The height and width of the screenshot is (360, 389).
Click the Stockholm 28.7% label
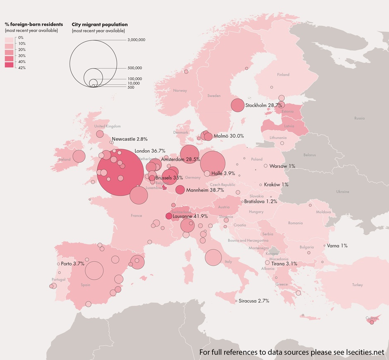[x=264, y=105]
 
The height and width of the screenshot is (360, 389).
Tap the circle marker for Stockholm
[x=238, y=105]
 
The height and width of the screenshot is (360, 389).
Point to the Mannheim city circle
[x=180, y=190]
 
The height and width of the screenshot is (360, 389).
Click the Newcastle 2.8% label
[x=130, y=139]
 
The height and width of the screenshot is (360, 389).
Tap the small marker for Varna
[x=324, y=246]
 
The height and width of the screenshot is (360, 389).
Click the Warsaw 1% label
[x=282, y=166]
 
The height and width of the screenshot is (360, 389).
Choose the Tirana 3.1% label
[x=284, y=263]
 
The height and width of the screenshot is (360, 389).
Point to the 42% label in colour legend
[x=22, y=68]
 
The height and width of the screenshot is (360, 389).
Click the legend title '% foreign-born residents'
[x=34, y=24]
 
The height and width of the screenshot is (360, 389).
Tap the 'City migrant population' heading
[x=100, y=24]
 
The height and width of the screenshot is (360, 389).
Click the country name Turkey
[x=357, y=285]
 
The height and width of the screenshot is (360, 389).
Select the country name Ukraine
[x=342, y=192]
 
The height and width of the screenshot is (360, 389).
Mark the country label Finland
[x=283, y=75]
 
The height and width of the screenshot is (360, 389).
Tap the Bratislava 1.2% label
[x=260, y=201]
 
